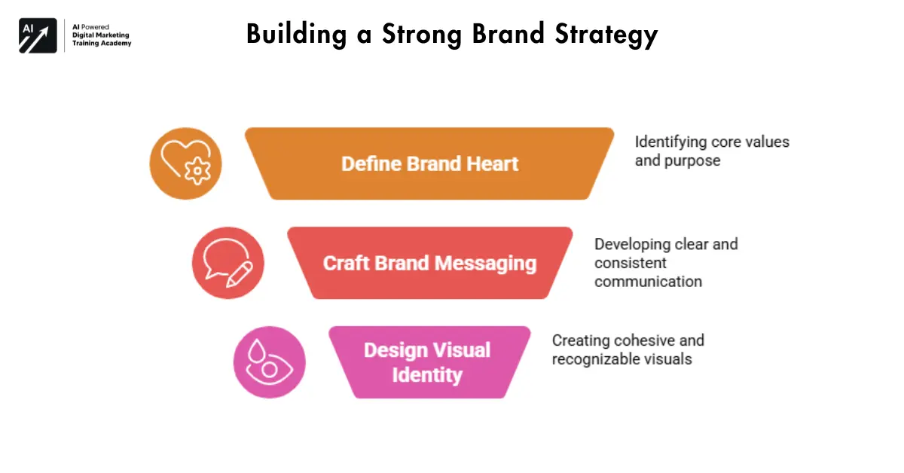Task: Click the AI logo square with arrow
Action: [x=38, y=35]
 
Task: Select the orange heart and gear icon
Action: [x=185, y=163]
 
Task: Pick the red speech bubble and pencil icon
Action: [x=228, y=263]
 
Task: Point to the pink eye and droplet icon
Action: [x=269, y=362]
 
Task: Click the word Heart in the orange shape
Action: [x=490, y=164]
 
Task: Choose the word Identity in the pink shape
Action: [x=426, y=374]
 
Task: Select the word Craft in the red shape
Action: [x=350, y=264]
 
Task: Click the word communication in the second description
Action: [x=648, y=282]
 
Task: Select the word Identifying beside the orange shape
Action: [x=670, y=142]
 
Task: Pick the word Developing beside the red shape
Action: [x=632, y=244]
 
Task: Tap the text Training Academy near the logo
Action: [x=101, y=44]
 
